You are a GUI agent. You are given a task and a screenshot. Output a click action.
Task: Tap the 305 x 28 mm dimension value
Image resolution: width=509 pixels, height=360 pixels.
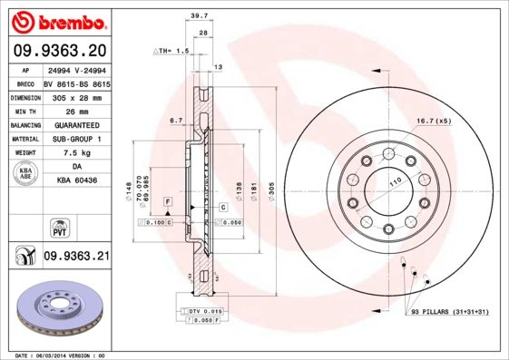pos(76,95)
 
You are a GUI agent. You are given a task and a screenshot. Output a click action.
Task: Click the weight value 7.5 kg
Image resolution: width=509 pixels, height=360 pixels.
pos(76,153)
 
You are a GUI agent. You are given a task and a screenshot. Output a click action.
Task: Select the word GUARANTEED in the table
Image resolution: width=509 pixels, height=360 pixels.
pos(76,124)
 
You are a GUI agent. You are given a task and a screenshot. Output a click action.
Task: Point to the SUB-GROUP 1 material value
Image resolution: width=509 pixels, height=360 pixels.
pos(76,139)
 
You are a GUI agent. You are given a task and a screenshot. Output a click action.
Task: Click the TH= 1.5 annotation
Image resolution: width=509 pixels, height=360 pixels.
pos(171,52)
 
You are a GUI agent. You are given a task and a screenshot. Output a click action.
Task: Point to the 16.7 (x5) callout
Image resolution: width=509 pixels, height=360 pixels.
pos(434,121)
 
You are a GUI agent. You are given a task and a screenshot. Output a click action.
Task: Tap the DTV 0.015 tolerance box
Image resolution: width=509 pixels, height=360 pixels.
pos(201,312)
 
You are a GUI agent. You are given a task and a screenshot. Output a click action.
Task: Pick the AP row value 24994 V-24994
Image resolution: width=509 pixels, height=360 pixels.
pos(76,69)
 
